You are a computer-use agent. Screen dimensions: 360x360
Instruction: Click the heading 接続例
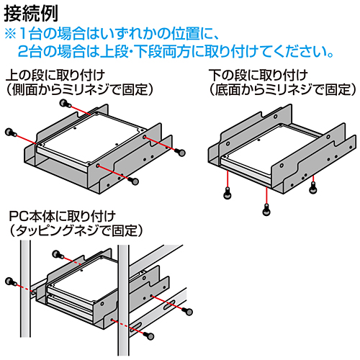30,12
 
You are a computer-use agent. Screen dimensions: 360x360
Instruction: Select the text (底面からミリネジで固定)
282,90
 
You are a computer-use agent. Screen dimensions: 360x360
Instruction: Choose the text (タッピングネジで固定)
75,230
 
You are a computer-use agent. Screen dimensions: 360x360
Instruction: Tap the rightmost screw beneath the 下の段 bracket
312,189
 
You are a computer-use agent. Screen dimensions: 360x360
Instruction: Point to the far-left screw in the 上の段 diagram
9,132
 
